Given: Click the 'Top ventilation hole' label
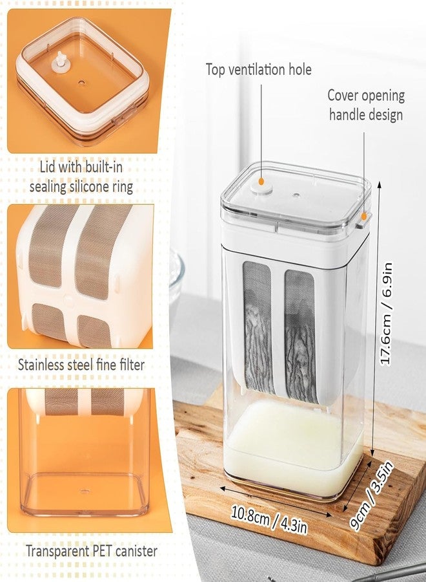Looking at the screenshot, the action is (x=259, y=70).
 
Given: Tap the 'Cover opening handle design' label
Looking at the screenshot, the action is (x=366, y=105).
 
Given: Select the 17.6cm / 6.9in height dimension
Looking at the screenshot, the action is (x=386, y=314).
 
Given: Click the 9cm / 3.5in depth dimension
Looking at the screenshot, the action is (x=371, y=494).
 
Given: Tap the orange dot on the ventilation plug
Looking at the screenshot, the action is (x=261, y=182).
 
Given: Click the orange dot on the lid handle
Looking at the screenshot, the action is (x=364, y=217).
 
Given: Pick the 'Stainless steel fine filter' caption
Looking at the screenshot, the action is (x=81, y=365).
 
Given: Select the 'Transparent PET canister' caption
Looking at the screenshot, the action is (x=92, y=551).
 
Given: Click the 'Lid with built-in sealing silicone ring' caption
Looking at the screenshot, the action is (x=81, y=177).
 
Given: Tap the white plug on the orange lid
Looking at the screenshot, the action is (x=59, y=61).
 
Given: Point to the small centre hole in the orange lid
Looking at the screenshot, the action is (x=82, y=83).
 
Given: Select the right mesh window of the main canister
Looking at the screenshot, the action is (x=300, y=336).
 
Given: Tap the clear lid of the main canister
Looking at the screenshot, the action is (x=296, y=195).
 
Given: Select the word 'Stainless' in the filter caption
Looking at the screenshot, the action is (x=41, y=365).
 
